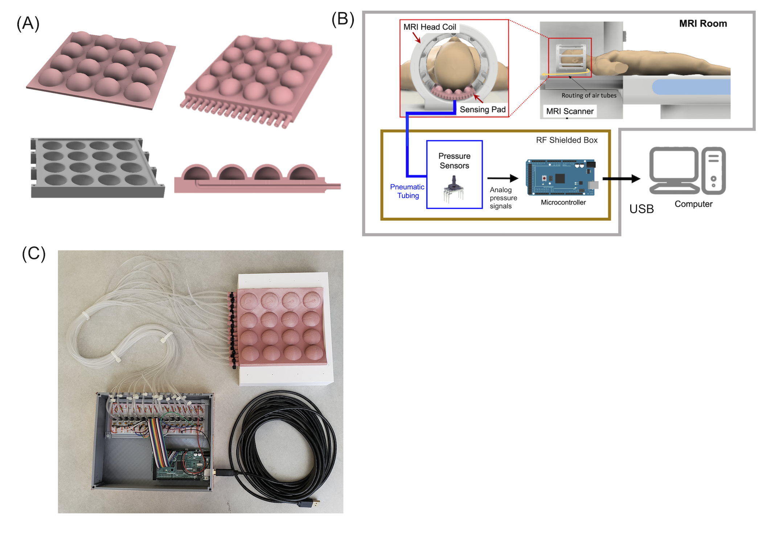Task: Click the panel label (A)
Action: pyautogui.click(x=28, y=24)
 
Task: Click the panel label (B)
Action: pyautogui.click(x=343, y=19)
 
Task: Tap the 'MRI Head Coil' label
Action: pyautogui.click(x=430, y=27)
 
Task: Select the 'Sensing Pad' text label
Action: pyautogui.click(x=483, y=109)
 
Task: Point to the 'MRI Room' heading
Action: pyautogui.click(x=703, y=24)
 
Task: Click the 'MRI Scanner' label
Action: pyautogui.click(x=570, y=111)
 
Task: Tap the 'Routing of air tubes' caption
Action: pyautogui.click(x=589, y=95)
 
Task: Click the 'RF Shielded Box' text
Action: pyautogui.click(x=567, y=140)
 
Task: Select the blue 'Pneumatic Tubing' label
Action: pyautogui.click(x=407, y=191)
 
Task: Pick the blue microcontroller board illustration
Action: pyautogui.click(x=561, y=178)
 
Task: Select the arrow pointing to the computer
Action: pyautogui.click(x=621, y=179)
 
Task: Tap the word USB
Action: pyautogui.click(x=642, y=209)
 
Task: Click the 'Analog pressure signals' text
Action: pyautogui.click(x=503, y=198)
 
